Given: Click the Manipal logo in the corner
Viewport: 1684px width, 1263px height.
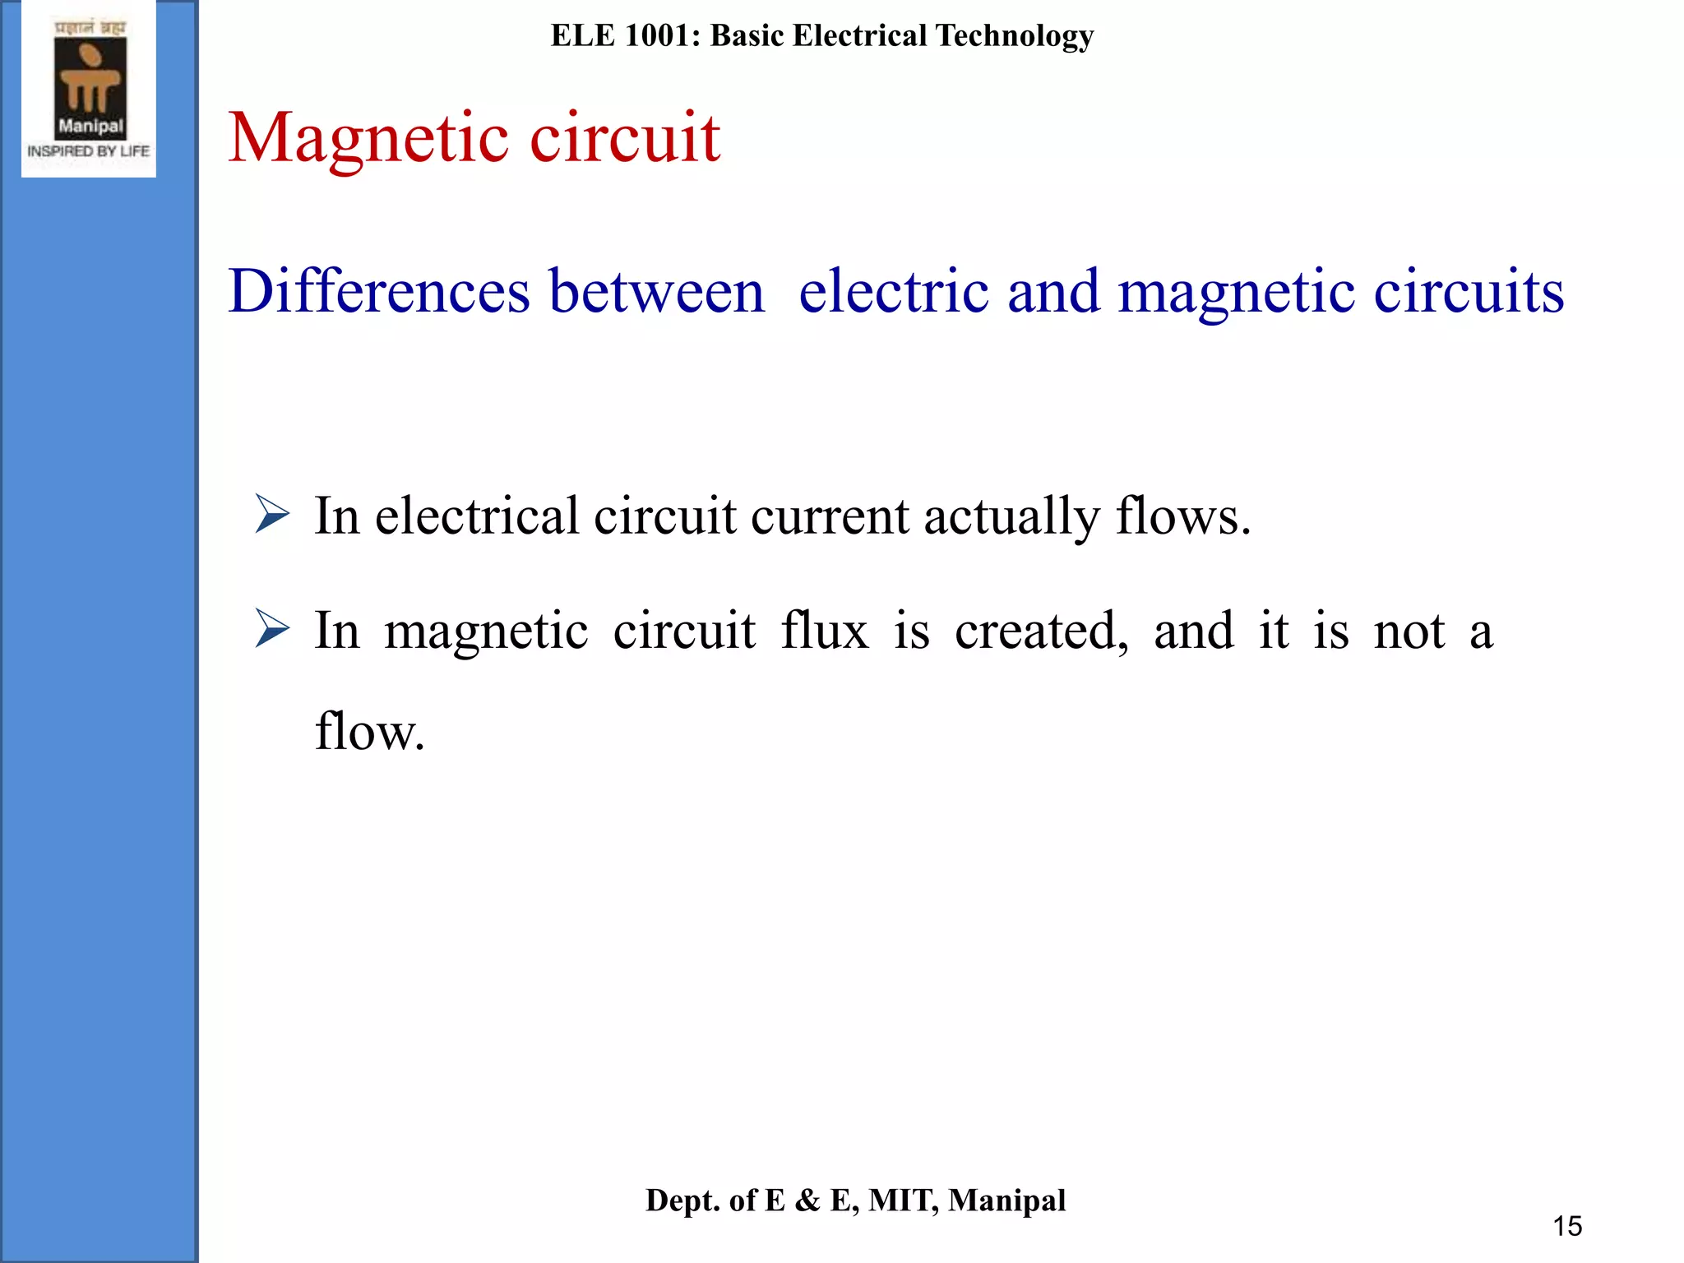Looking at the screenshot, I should (89, 89).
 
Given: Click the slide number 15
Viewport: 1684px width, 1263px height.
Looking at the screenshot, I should (1567, 1226).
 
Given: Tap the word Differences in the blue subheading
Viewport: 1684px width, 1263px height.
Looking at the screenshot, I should (379, 292).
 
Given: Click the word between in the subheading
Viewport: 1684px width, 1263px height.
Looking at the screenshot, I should (657, 292).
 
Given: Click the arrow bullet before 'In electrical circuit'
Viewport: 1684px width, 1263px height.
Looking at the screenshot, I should (272, 515).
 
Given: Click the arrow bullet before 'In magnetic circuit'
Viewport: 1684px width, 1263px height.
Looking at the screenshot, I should (272, 629).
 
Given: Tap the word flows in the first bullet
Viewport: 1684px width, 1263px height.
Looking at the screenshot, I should (1182, 516).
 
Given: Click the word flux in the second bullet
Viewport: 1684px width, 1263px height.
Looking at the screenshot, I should (824, 631).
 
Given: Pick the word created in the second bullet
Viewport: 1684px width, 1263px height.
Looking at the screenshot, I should (1041, 631).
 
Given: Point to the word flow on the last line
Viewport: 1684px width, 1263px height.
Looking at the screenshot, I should (369, 731).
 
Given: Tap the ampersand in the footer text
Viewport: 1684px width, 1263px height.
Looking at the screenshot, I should (807, 1201).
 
